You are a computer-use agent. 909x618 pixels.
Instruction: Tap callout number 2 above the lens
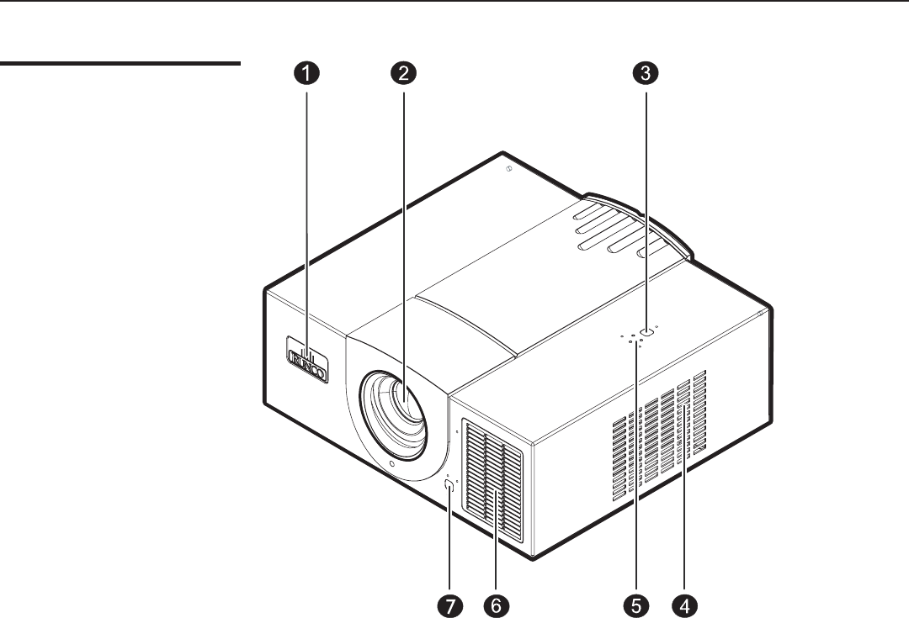pos(404,73)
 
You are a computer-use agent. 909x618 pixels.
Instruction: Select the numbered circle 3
pos(646,73)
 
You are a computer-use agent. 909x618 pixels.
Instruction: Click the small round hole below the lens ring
pos(392,465)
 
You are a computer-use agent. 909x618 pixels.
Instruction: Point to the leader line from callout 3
pos(646,202)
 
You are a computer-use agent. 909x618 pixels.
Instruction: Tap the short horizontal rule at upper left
pos(119,62)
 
